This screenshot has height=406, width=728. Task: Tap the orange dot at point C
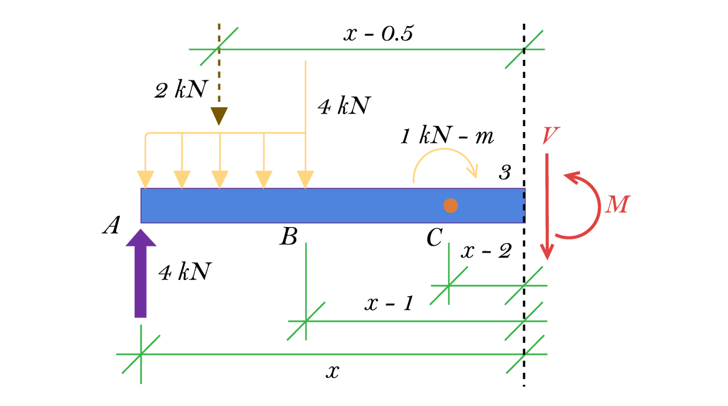(450, 205)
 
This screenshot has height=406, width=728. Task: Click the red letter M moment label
(618, 205)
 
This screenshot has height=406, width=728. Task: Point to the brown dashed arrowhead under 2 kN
(219, 116)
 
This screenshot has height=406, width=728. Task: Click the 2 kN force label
(180, 90)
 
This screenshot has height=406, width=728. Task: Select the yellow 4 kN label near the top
(344, 106)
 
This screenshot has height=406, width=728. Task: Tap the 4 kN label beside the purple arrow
(185, 272)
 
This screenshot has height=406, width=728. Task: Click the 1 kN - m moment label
(447, 137)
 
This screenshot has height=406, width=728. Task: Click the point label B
(288, 236)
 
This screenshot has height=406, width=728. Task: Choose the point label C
(434, 237)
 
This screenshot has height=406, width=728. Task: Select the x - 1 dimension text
(389, 304)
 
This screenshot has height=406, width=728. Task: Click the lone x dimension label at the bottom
(333, 372)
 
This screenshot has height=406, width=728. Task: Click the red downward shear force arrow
(547, 206)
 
